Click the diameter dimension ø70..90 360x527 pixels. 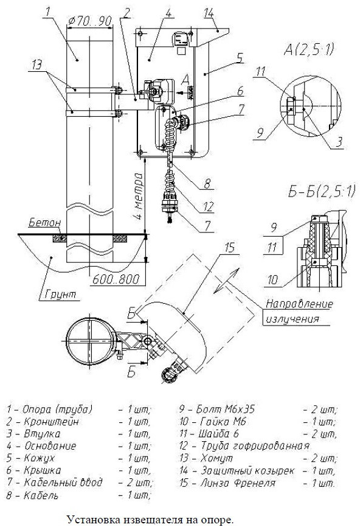pyautogui.click(x=89, y=21)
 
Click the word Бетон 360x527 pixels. pyautogui.click(x=44, y=222)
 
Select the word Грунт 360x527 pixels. pyautogui.click(x=60, y=295)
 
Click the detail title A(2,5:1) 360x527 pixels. pyautogui.click(x=309, y=49)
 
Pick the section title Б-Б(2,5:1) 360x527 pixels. pyautogui.click(x=322, y=192)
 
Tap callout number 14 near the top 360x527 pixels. pyautogui.click(x=209, y=13)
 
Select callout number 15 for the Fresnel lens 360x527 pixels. pyautogui.click(x=229, y=248)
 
